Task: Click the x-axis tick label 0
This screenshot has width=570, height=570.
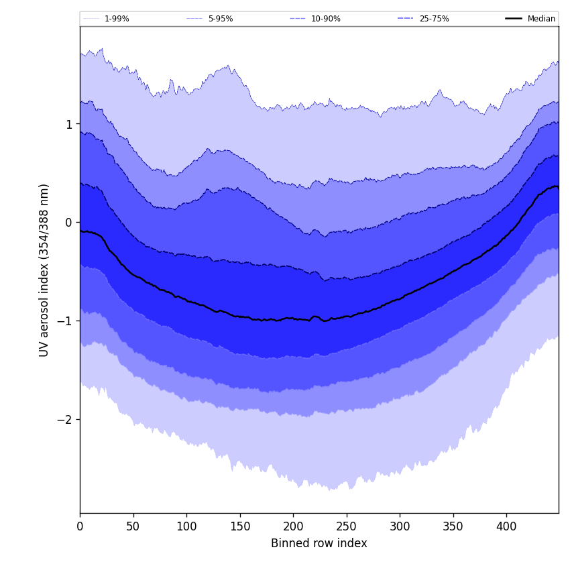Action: coord(80,527)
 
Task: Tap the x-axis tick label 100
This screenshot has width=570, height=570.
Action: coord(186,527)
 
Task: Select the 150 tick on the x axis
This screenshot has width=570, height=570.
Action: coord(240,527)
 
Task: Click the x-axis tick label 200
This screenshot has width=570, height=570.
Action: coord(293,527)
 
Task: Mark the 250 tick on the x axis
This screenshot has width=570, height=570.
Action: coord(347,527)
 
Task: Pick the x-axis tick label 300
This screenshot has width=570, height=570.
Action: coord(400,527)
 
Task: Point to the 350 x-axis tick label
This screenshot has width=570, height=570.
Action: coord(453,527)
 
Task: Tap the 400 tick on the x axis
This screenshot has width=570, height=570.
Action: coord(506,527)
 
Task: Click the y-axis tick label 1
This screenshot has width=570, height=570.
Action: coord(68,125)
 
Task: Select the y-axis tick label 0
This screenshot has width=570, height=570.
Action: coord(68,223)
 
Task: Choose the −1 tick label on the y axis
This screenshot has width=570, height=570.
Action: coord(64,321)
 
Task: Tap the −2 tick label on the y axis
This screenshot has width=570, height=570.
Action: coord(64,420)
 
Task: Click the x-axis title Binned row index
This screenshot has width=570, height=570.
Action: coord(319,544)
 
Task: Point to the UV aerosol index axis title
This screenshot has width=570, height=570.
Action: coord(44,270)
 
